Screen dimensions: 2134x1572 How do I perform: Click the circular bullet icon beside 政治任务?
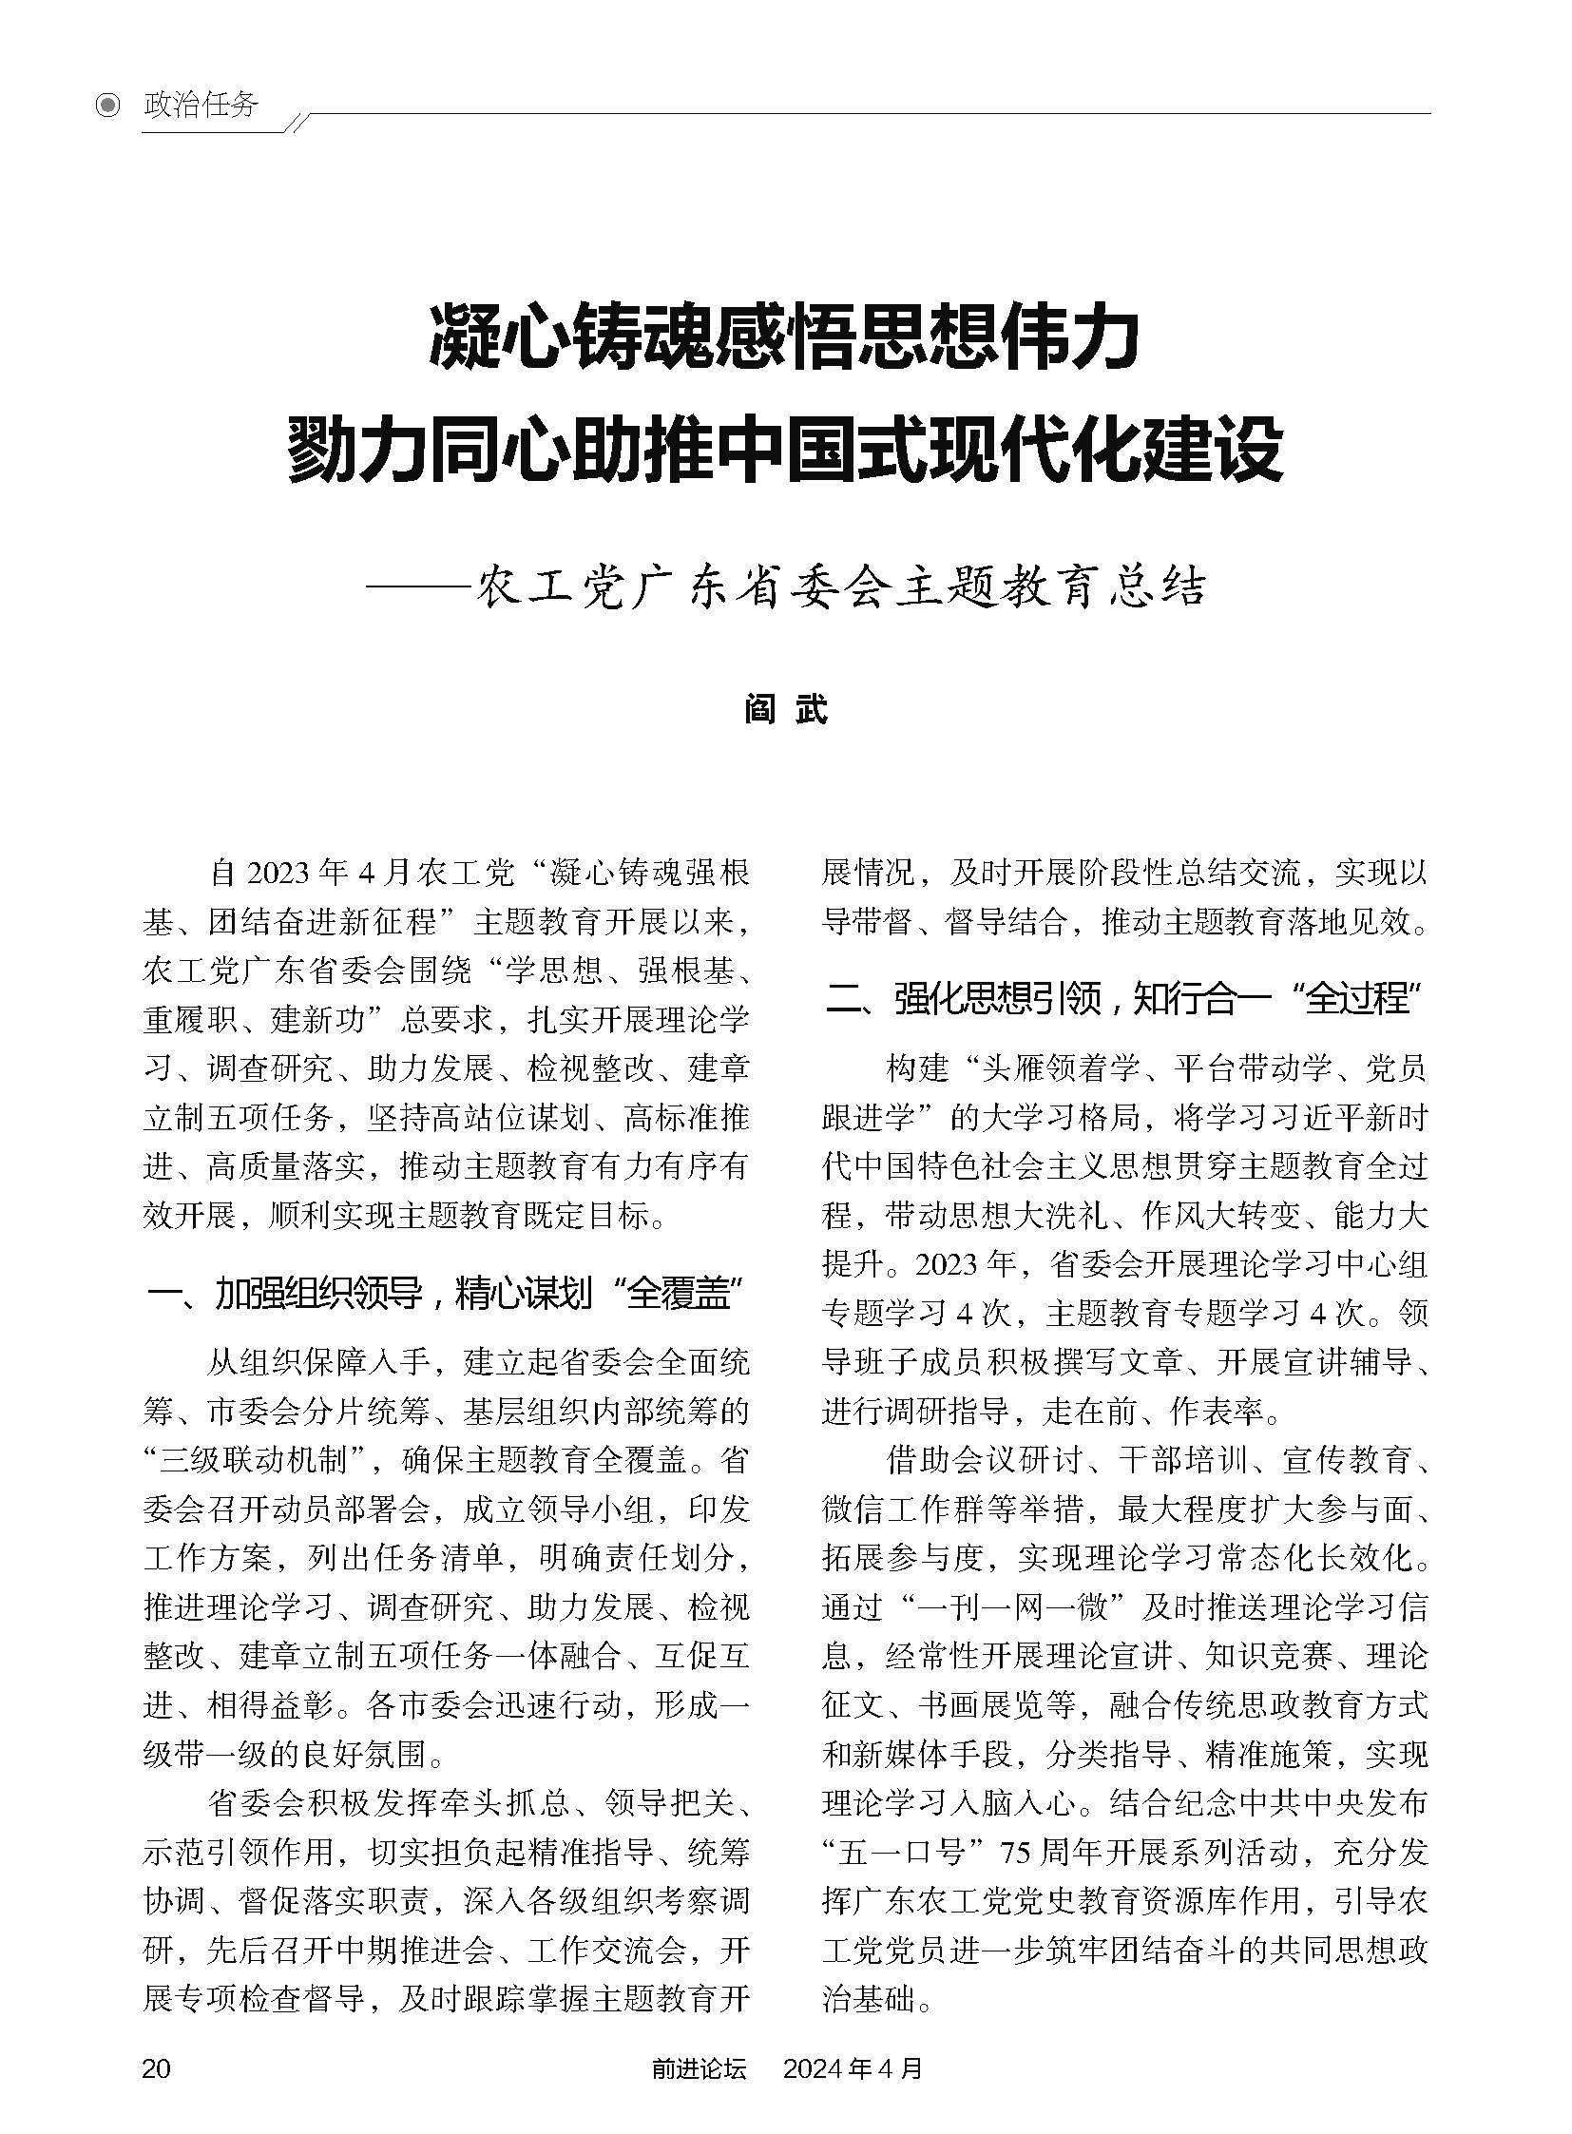[x=109, y=105]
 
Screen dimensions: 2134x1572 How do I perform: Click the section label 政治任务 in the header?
[x=201, y=105]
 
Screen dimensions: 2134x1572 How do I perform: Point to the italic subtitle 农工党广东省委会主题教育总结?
[x=841, y=587]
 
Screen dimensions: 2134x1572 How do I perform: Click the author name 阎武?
[x=786, y=709]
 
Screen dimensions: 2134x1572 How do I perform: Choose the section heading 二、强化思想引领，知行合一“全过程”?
[x=1122, y=999]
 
